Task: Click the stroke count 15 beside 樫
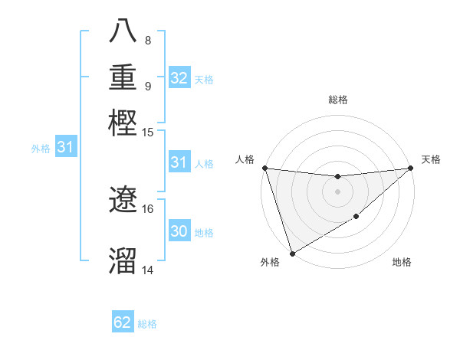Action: [x=148, y=132]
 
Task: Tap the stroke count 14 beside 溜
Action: [x=148, y=270]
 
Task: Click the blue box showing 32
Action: [x=179, y=78]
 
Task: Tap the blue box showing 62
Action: [x=123, y=322]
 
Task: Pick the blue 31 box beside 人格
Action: [x=179, y=162]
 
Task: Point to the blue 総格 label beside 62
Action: [x=147, y=324]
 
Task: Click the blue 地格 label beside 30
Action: [x=205, y=233]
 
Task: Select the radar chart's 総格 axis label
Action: [x=337, y=100]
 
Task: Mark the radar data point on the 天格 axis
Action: [x=411, y=168]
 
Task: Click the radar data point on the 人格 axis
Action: [x=264, y=168]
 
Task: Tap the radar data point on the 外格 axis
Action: [x=292, y=254]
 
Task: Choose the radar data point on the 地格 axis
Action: [x=356, y=218]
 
